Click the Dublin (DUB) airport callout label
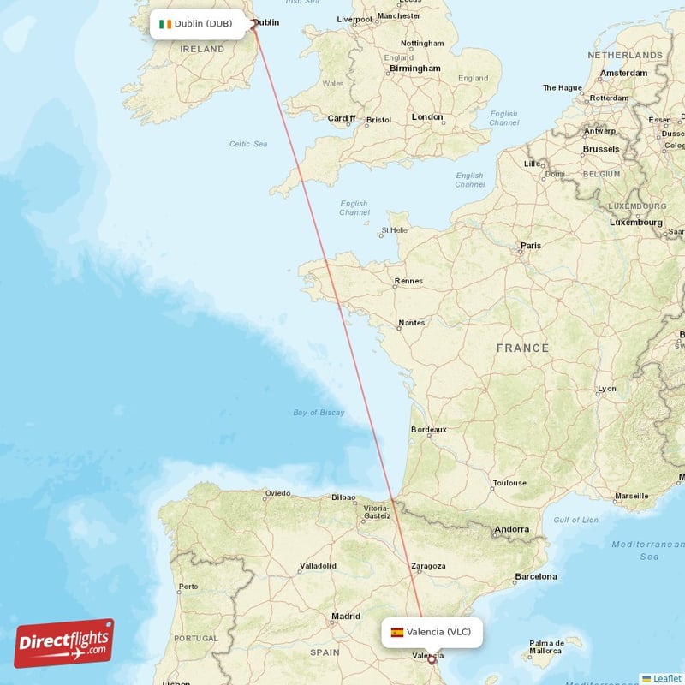point(196,24)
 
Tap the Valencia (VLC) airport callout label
point(432,632)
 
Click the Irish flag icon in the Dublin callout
point(165,24)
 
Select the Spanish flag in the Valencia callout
point(397,632)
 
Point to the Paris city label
point(531,246)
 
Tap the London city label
point(427,117)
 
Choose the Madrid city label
point(346,616)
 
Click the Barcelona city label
point(536,576)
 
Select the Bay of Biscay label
point(319,413)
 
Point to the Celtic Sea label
point(248,144)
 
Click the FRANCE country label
point(522,348)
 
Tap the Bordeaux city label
point(429,429)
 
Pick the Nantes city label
point(412,323)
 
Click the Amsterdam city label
point(624,74)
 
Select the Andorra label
point(512,529)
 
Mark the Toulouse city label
point(509,483)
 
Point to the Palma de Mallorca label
point(546,647)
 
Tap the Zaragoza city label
point(428,566)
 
